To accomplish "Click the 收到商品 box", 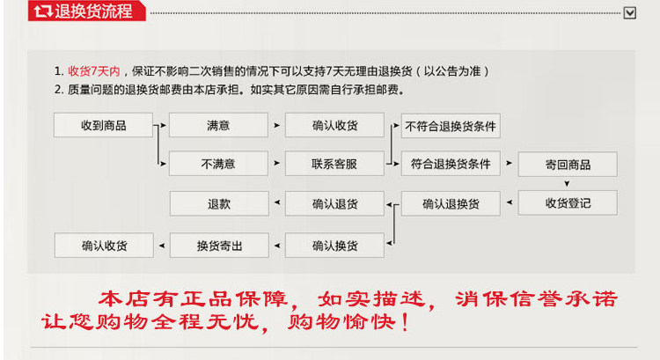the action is pyautogui.click(x=103, y=126).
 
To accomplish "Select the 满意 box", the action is pyautogui.click(x=218, y=126).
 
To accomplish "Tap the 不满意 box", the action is pyautogui.click(x=218, y=164).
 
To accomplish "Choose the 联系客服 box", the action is pyautogui.click(x=334, y=164).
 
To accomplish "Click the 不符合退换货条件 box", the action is pyautogui.click(x=451, y=126).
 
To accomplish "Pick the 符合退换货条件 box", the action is pyautogui.click(x=451, y=164).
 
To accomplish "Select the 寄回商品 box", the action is pyautogui.click(x=568, y=165).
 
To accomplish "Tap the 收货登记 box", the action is pyautogui.click(x=568, y=203).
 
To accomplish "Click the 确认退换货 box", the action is pyautogui.click(x=451, y=203).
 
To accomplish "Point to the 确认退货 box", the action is pyautogui.click(x=334, y=203).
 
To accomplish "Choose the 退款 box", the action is pyautogui.click(x=218, y=203).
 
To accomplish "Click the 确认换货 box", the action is pyautogui.click(x=334, y=245).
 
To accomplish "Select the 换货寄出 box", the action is pyautogui.click(x=218, y=245).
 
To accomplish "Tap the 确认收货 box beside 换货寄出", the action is pyautogui.click(x=103, y=245).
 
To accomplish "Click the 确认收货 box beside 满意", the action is pyautogui.click(x=334, y=126).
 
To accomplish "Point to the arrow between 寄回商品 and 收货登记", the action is pyautogui.click(x=568, y=184).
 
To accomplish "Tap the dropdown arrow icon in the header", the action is pyautogui.click(x=630, y=12).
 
